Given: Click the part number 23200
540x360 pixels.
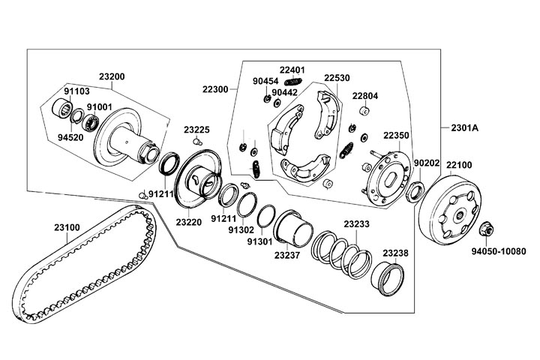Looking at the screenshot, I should click(112, 76).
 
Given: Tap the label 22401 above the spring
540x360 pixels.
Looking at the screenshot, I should click(292, 70).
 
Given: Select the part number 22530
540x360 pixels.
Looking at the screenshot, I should click(337, 77).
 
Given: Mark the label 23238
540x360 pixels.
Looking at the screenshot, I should click(395, 253).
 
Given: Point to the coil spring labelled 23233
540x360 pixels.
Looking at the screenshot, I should click(342, 252).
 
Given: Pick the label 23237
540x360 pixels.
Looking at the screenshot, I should click(287, 256).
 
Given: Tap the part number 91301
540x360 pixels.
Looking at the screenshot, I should click(259, 241).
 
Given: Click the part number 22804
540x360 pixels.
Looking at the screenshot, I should click(365, 95).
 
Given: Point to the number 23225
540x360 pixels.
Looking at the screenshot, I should click(196, 129).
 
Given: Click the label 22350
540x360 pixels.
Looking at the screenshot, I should click(397, 136).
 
